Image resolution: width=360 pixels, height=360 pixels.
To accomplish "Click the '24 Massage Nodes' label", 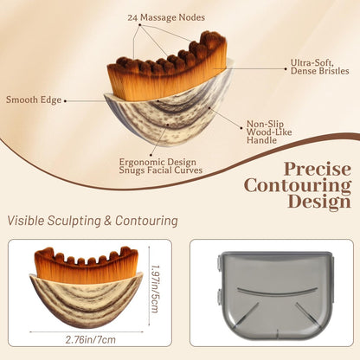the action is [x=166, y=17].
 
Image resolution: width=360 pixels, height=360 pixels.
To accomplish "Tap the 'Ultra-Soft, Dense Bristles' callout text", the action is [x=319, y=67].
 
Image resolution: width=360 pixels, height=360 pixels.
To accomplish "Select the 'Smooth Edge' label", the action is [x=34, y=100].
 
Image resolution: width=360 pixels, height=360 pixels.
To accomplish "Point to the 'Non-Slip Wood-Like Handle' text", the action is [x=269, y=132].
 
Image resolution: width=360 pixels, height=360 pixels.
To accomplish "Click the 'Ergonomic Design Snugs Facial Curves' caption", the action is [x=161, y=166].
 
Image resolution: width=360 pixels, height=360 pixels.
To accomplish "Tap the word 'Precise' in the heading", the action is [x=318, y=170].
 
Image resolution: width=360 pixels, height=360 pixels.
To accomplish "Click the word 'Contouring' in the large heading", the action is [x=298, y=185].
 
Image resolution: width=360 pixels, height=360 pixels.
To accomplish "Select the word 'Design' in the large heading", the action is [x=319, y=202].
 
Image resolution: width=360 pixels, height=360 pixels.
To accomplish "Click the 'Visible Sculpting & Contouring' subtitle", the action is [x=93, y=221].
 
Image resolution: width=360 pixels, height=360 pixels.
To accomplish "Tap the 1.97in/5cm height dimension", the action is [x=154, y=289].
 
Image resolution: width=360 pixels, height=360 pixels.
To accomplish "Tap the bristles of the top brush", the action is [x=167, y=69].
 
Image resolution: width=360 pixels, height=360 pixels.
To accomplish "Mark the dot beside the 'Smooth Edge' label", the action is [x=65, y=101].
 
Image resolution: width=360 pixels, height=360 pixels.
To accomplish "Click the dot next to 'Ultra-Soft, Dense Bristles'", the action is [x=286, y=68].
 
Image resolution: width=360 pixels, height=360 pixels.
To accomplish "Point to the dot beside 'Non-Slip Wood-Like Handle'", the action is [x=241, y=128].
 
